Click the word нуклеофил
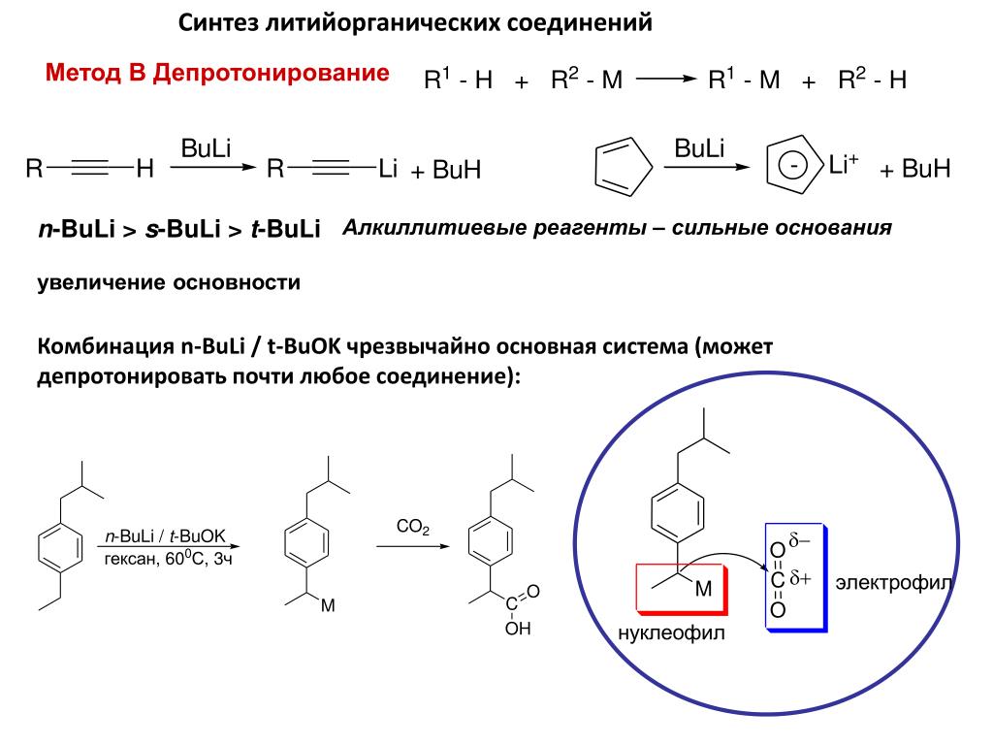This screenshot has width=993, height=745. (671, 632)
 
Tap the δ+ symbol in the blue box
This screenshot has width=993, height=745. (800, 579)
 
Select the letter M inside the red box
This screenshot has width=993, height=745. (703, 588)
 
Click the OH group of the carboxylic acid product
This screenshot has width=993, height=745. (518, 629)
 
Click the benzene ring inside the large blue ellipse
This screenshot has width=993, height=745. (676, 513)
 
